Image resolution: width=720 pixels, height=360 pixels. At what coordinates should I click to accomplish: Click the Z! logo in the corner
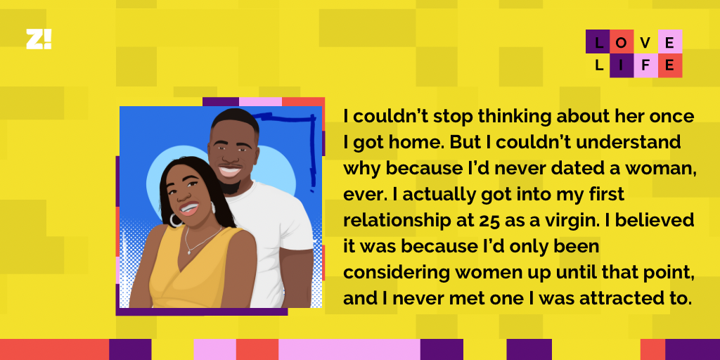[x=39, y=39]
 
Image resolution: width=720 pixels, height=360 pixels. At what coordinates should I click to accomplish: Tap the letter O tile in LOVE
[x=622, y=41]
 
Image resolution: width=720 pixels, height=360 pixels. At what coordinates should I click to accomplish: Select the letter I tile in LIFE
[x=622, y=65]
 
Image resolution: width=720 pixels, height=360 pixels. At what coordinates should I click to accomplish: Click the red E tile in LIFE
[x=670, y=65]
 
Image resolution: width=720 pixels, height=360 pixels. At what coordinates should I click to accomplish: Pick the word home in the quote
[x=417, y=142]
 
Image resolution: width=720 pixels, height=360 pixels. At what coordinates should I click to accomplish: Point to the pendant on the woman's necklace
[x=188, y=251]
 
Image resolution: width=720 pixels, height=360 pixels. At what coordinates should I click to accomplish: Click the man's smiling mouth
[x=230, y=172]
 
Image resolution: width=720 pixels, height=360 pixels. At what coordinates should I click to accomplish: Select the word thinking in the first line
[x=515, y=117]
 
